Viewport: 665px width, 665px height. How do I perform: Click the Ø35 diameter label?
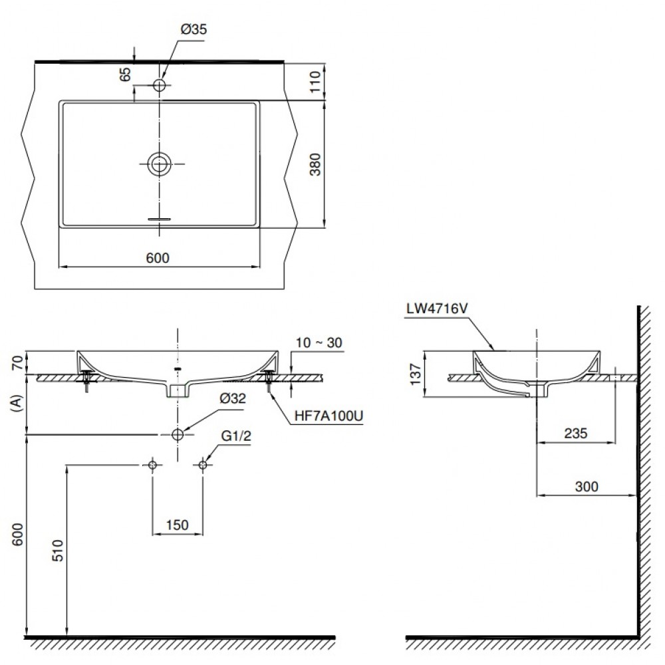[x=194, y=29]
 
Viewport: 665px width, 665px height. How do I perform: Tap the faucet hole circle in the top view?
[x=160, y=85]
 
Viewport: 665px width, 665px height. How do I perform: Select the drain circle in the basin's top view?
[x=160, y=164]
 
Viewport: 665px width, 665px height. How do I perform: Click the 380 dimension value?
[x=315, y=164]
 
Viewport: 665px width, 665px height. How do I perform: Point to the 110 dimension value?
[x=315, y=82]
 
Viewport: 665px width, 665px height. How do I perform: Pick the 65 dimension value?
[x=126, y=74]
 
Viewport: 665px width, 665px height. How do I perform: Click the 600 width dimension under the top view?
[x=158, y=258]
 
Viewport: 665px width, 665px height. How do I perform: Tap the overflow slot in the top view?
[x=159, y=219]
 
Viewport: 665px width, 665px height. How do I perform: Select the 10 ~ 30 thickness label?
[x=319, y=342]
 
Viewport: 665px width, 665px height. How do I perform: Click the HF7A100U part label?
[x=329, y=416]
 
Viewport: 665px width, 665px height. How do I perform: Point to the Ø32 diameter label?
[x=233, y=398]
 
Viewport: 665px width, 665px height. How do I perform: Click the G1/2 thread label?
[x=236, y=436]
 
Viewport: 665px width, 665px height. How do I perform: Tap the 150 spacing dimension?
[x=178, y=525]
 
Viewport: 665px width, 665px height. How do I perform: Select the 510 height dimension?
[x=57, y=551]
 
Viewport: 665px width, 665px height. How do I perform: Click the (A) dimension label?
[x=17, y=404]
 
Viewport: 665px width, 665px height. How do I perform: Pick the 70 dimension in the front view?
[x=17, y=362]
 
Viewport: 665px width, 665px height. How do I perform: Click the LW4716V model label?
[x=437, y=309]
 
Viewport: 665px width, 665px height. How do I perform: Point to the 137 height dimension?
[x=416, y=374]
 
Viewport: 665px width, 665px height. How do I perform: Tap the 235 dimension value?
[x=575, y=433]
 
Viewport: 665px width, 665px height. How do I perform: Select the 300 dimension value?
[x=587, y=486]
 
